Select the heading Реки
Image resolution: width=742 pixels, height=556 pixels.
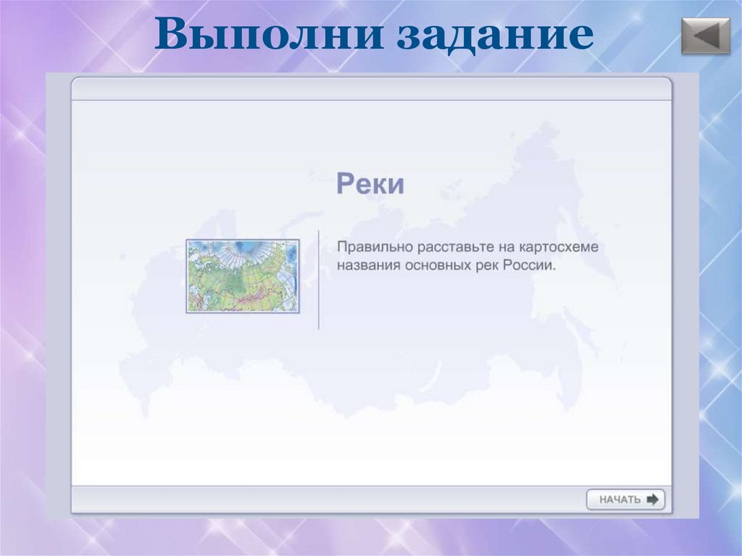point(370,184)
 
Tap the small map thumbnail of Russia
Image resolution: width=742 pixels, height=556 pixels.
point(242,276)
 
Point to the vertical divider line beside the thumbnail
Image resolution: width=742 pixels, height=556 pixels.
point(319,280)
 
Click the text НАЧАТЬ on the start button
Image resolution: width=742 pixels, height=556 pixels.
point(620,499)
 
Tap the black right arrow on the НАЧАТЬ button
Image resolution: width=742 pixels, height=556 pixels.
point(652,499)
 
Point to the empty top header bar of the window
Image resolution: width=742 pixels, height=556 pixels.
point(370,88)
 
